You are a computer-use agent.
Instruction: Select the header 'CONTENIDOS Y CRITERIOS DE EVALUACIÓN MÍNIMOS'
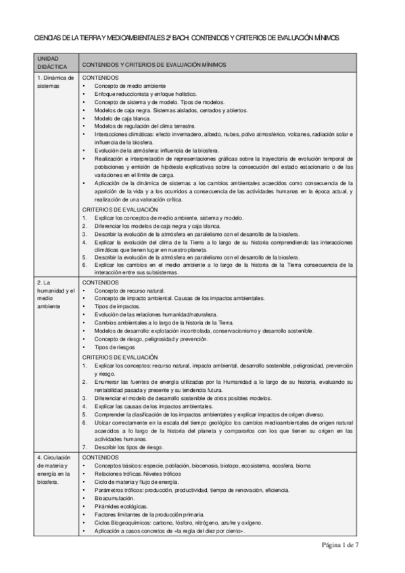(153, 64)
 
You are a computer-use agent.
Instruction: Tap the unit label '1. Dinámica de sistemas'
(55, 82)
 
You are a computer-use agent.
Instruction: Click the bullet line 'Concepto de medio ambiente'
(130, 86)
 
